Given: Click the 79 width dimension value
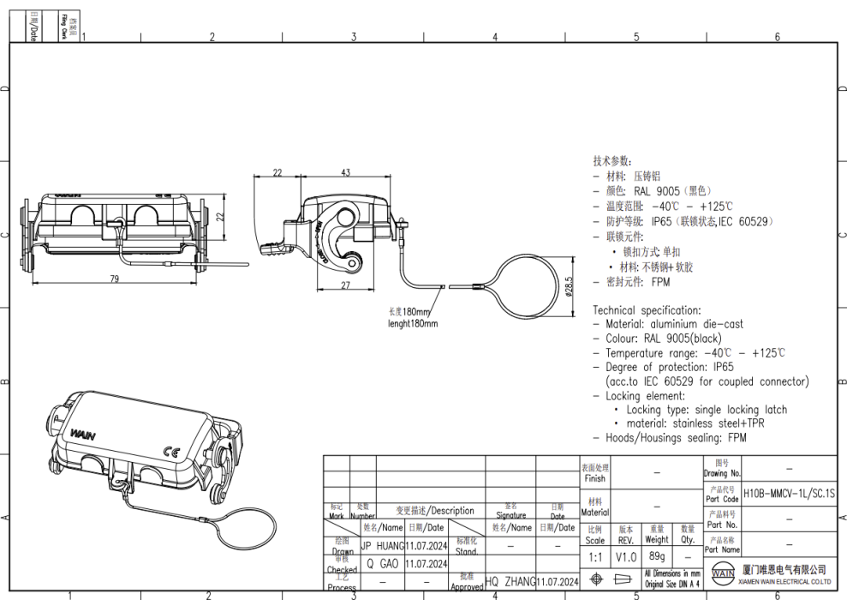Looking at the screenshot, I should (114, 278).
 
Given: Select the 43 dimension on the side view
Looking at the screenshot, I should (345, 172).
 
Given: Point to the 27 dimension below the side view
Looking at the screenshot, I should (345, 285).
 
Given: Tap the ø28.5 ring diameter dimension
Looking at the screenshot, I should (569, 285).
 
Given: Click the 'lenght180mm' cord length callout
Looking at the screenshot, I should (412, 324).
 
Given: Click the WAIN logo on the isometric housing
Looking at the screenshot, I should (83, 435).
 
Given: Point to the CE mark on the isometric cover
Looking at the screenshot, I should (170, 452).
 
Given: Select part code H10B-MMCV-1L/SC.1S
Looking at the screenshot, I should (788, 494).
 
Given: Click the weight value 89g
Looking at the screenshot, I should (657, 556).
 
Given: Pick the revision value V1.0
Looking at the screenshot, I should (626, 556).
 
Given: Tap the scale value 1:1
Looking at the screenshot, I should (594, 556).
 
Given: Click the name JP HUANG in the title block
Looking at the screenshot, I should (381, 544).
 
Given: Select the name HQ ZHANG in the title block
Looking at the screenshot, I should (510, 582).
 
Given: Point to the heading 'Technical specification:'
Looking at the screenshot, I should (647, 310).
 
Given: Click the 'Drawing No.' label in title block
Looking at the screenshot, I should (722, 473).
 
